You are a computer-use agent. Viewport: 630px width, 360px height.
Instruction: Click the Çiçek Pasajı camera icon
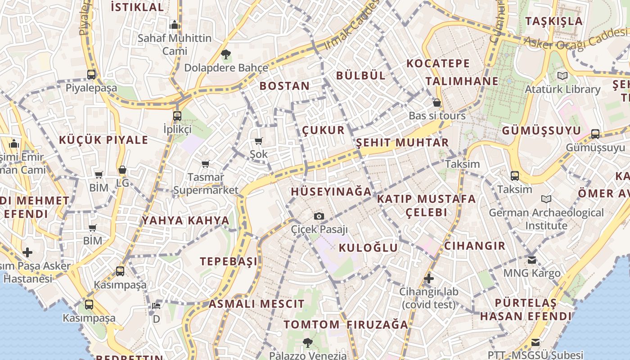(319, 216)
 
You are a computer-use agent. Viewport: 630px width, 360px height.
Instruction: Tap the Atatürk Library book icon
(562, 76)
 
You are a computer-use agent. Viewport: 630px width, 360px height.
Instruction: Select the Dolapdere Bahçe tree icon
(226, 55)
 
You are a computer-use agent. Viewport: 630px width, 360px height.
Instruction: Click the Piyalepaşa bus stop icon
(91, 74)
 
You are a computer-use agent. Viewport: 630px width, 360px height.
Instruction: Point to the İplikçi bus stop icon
(177, 116)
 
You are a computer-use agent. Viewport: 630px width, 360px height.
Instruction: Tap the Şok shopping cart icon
(259, 141)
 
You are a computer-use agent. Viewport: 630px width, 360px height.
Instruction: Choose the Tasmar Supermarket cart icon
(206, 164)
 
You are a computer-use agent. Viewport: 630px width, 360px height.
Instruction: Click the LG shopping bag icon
(122, 170)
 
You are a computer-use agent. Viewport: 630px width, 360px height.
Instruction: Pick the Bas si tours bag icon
(436, 103)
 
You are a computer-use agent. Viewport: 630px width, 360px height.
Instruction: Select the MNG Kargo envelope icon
(532, 260)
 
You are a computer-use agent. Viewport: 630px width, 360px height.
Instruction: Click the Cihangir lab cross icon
(429, 279)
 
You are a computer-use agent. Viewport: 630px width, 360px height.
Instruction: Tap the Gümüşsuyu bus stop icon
(595, 134)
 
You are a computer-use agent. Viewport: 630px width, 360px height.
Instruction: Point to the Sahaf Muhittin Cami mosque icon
(175, 25)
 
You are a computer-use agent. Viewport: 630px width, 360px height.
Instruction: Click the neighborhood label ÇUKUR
(323, 130)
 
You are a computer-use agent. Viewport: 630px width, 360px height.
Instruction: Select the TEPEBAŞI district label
(229, 261)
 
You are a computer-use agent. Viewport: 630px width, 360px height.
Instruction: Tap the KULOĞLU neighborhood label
(368, 247)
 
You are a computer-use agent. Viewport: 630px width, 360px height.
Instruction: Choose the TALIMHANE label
(462, 81)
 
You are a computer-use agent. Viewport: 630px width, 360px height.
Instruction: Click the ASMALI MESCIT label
(256, 304)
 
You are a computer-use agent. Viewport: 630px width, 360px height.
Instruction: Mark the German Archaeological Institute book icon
(546, 199)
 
